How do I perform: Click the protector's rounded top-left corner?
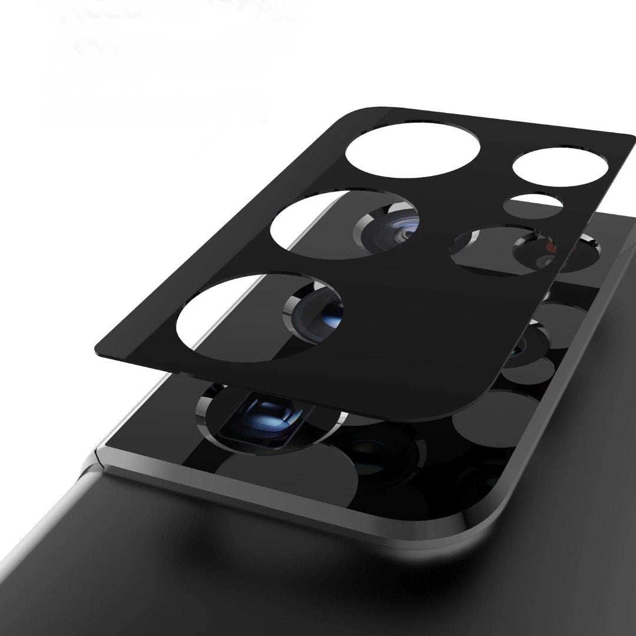click(x=347, y=112)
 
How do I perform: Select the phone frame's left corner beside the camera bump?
click(x=94, y=456)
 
